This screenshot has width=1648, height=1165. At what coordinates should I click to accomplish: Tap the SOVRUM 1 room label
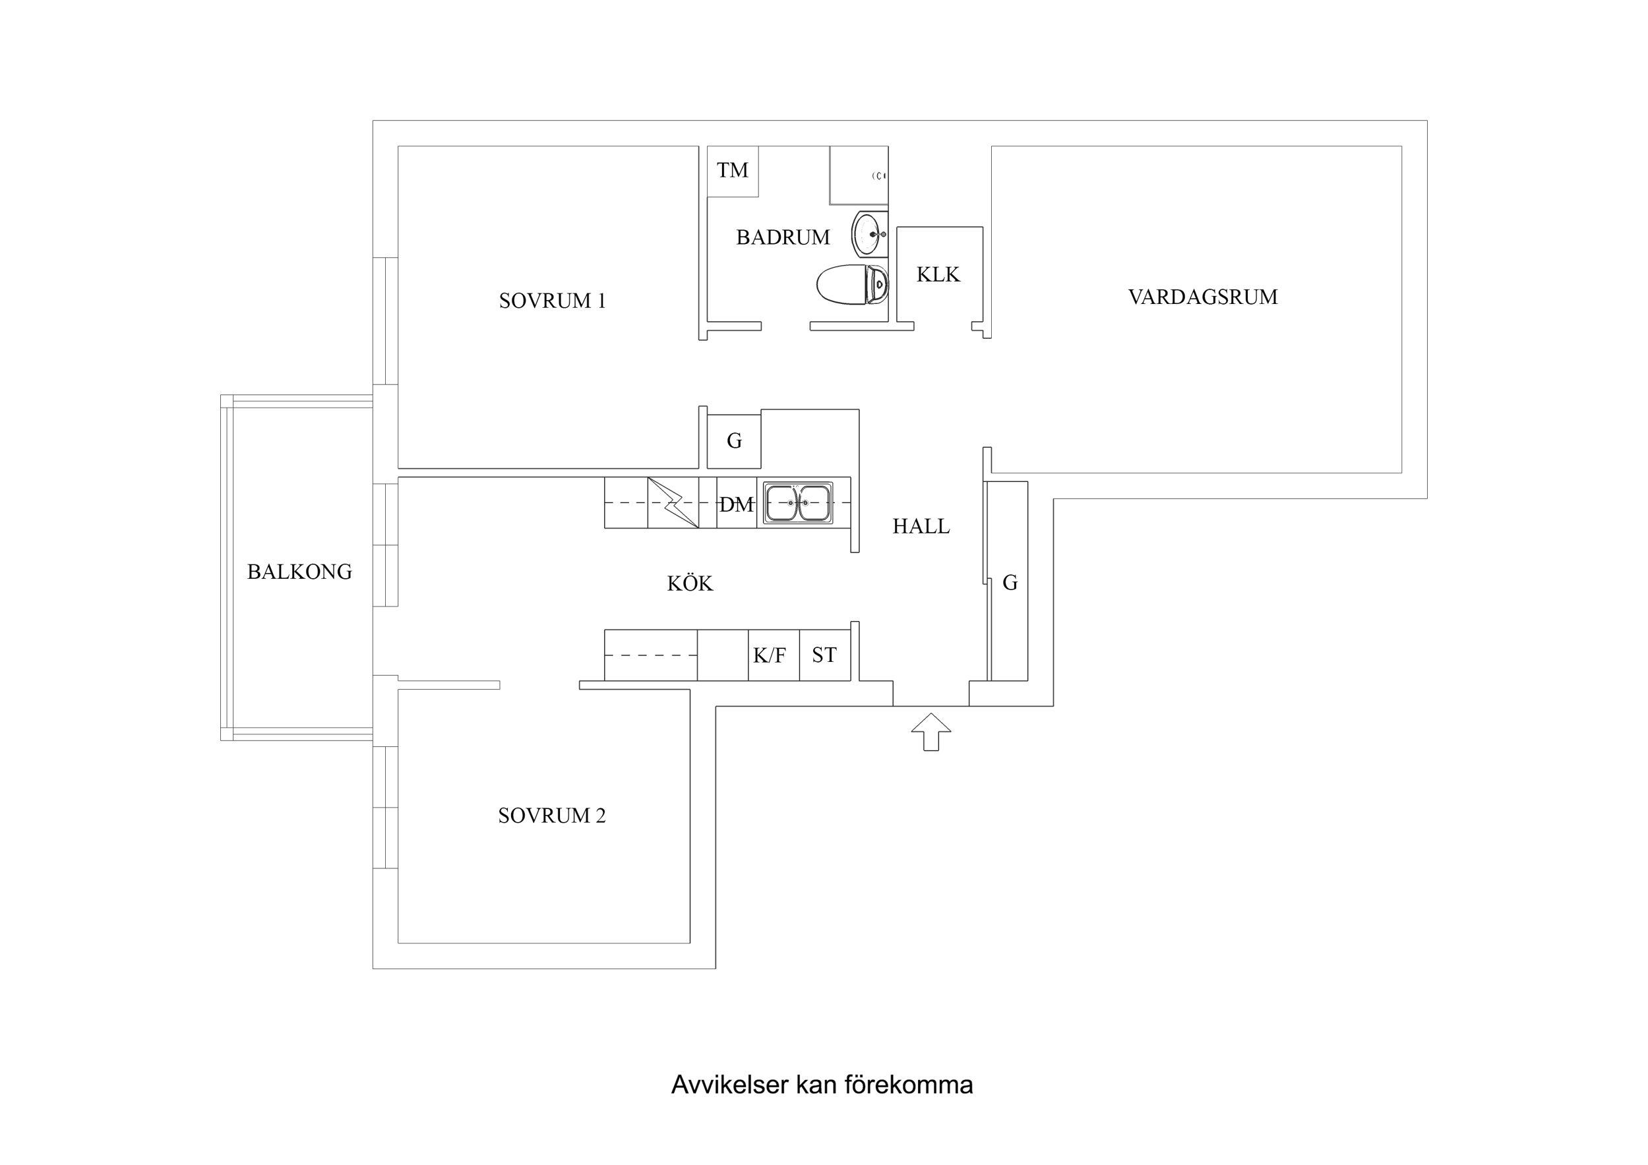[552, 301]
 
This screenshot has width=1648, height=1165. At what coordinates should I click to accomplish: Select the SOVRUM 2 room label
[551, 816]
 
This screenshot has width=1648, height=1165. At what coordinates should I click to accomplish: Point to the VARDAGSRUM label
[1202, 297]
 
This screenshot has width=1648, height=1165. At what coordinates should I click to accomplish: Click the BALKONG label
[299, 572]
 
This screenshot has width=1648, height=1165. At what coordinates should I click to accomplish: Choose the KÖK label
[690, 583]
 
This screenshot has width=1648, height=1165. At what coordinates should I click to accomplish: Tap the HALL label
[921, 527]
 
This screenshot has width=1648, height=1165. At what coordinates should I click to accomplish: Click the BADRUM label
[782, 237]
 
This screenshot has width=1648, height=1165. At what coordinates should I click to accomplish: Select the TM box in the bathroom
[732, 171]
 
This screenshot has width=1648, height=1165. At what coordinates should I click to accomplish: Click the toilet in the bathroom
[851, 284]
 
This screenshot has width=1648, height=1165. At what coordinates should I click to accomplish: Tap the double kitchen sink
[797, 502]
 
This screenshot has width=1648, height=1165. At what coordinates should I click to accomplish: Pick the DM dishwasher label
[737, 505]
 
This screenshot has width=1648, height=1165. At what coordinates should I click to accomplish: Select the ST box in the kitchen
[824, 655]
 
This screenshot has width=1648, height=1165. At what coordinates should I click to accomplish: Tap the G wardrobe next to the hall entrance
[1009, 583]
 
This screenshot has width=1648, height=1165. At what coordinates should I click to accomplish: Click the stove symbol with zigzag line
[673, 502]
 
